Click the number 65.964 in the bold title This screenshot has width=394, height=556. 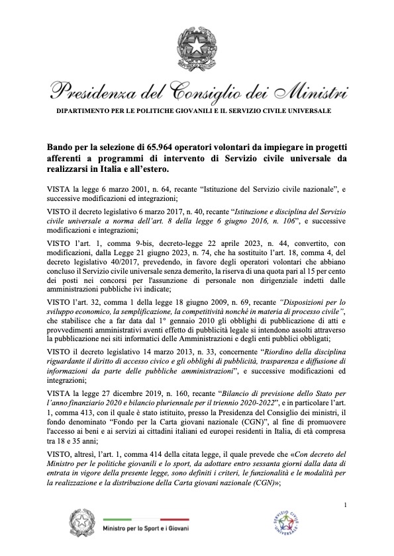coord(148,145)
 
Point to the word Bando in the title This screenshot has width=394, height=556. coord(60,145)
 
